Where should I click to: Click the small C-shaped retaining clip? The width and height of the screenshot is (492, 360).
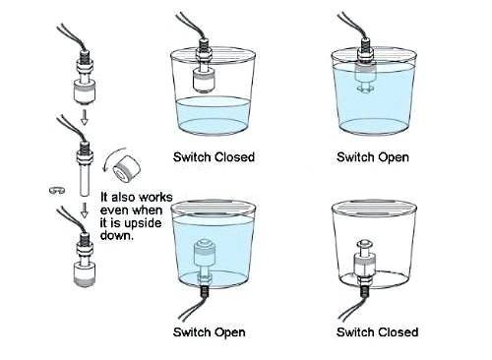pyautogui.click(x=57, y=190)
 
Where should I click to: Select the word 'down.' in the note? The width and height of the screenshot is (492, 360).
pyautogui.click(x=117, y=235)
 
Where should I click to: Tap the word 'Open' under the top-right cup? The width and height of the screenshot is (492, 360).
pyautogui.click(x=393, y=157)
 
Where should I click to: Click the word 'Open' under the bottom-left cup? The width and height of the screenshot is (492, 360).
pyautogui.click(x=229, y=332)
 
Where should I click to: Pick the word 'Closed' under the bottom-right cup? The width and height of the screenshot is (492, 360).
pyautogui.click(x=398, y=332)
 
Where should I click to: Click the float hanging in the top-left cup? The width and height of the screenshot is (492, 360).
pyautogui.click(x=204, y=81)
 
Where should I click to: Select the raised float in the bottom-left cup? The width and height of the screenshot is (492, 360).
pyautogui.click(x=205, y=253)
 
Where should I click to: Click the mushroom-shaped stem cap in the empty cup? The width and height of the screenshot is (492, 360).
pyautogui.click(x=364, y=244)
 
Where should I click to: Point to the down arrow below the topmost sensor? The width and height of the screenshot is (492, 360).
pyautogui.click(x=85, y=117)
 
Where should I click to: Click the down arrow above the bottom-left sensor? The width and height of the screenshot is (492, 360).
pyautogui.click(x=85, y=210)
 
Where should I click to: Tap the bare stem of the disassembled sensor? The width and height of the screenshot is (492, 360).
pyautogui.click(x=85, y=179)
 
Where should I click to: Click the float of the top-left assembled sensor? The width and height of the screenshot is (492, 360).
pyautogui.click(x=85, y=91)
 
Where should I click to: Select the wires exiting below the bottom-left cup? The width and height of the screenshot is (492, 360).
pyautogui.click(x=194, y=305)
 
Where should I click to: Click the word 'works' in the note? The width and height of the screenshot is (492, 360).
pyautogui.click(x=154, y=198)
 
